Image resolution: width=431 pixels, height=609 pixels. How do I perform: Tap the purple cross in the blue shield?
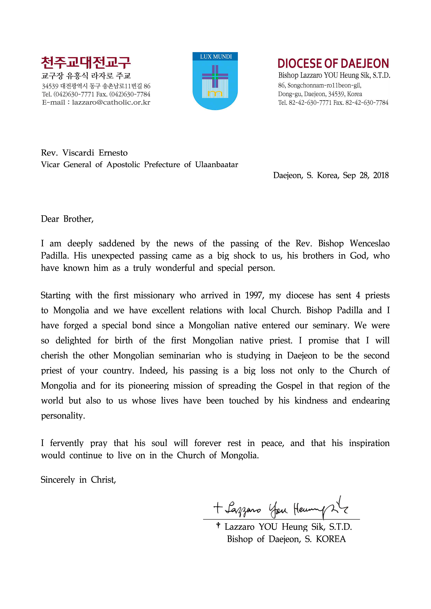point(215,76)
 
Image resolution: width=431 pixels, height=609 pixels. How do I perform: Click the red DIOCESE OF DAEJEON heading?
point(333,64)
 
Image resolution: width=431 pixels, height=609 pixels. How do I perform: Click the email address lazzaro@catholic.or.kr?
point(111,102)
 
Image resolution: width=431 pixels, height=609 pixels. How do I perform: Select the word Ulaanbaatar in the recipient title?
point(217,165)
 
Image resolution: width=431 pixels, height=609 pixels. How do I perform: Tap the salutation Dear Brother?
point(67,219)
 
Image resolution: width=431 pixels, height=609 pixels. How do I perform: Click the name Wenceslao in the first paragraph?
point(370,243)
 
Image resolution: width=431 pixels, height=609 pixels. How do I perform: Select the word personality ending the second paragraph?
point(63,416)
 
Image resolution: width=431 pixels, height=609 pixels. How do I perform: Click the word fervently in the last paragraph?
point(67,443)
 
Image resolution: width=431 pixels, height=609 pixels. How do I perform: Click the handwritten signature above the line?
point(281,509)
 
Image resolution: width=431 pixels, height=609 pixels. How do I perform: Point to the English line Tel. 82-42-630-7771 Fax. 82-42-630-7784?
point(333,103)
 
